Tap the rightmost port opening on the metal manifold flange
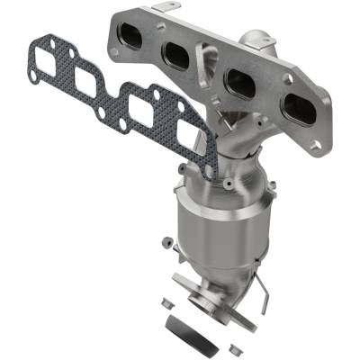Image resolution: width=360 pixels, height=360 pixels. point(299,110)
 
